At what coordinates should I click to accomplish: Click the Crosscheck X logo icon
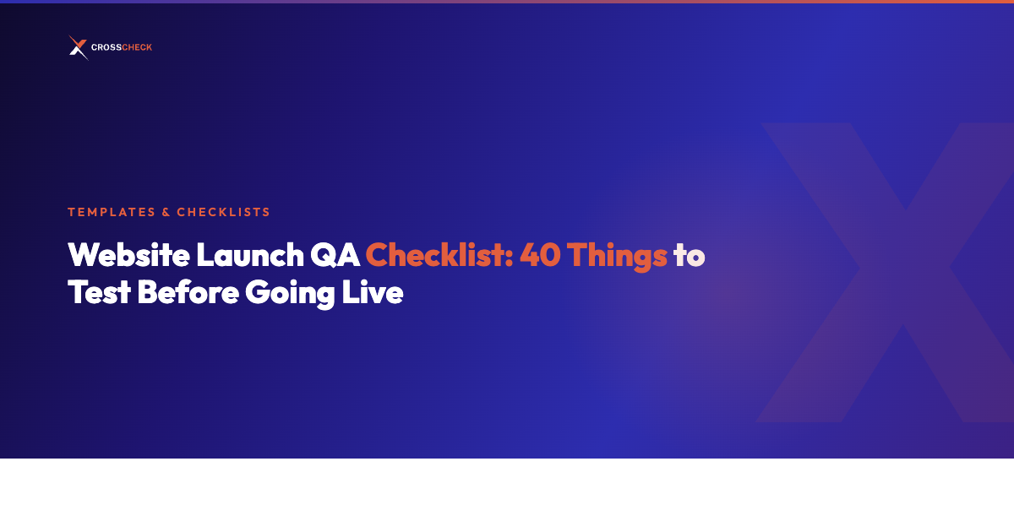point(78,48)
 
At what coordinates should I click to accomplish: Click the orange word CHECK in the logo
point(138,48)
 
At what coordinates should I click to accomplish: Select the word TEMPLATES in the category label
point(110,212)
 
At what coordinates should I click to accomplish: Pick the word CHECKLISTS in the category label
point(223,212)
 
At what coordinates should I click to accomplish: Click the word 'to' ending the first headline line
point(689,255)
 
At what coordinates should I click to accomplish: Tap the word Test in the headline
point(99,292)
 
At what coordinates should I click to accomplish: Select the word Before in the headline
point(188,292)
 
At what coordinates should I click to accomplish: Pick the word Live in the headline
point(375,292)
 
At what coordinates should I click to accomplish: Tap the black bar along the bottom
point(507,496)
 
